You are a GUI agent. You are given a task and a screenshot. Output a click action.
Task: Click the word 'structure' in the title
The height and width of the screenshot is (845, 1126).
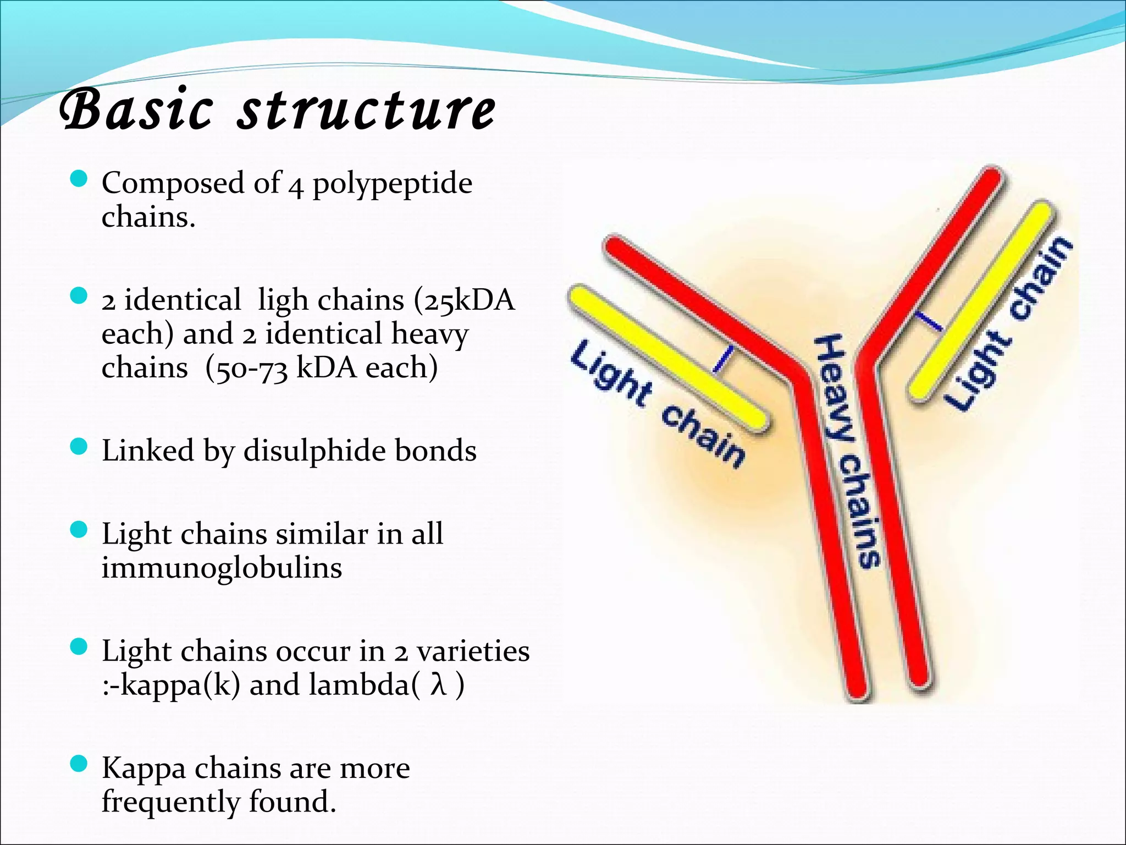coord(367,111)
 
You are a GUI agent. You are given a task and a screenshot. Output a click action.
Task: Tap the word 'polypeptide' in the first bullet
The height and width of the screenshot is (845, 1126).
coord(392,183)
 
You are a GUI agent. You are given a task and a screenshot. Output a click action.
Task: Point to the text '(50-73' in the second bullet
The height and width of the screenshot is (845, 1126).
coord(246,368)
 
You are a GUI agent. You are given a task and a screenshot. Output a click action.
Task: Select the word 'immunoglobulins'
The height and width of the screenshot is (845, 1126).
coord(222,568)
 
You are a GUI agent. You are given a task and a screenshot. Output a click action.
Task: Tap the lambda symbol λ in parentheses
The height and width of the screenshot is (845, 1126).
coord(438,685)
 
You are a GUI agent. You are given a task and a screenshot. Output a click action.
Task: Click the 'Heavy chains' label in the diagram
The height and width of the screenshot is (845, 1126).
coord(847,451)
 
